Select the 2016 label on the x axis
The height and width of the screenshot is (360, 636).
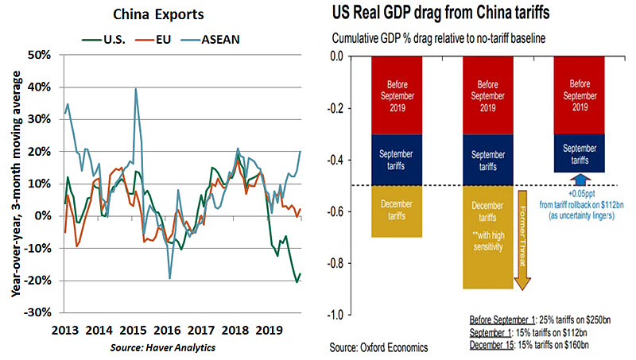(169, 329)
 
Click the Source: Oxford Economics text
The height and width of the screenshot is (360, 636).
(380, 347)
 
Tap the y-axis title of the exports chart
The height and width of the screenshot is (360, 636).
(16, 183)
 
